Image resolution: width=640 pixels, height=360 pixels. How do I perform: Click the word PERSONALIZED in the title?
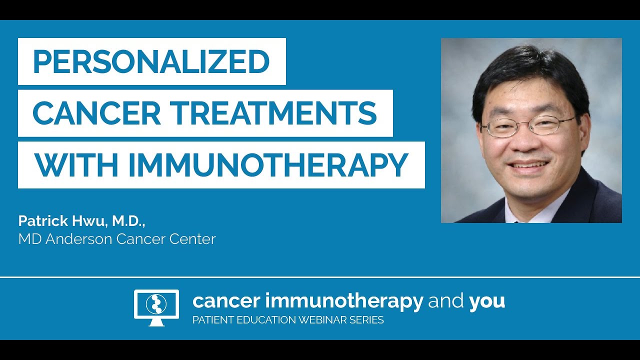tap(151, 61)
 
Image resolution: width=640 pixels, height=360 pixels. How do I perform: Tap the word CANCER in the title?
tap(96, 113)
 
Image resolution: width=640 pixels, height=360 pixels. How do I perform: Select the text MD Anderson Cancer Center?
tap(117, 239)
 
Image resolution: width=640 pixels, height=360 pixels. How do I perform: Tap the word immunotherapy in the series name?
tap(343, 301)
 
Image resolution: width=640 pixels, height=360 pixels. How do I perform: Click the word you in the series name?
tap(486, 301)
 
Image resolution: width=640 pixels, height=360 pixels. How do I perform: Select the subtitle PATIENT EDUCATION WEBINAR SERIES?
tap(288, 320)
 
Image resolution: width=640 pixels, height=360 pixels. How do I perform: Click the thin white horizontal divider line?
tap(320, 277)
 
